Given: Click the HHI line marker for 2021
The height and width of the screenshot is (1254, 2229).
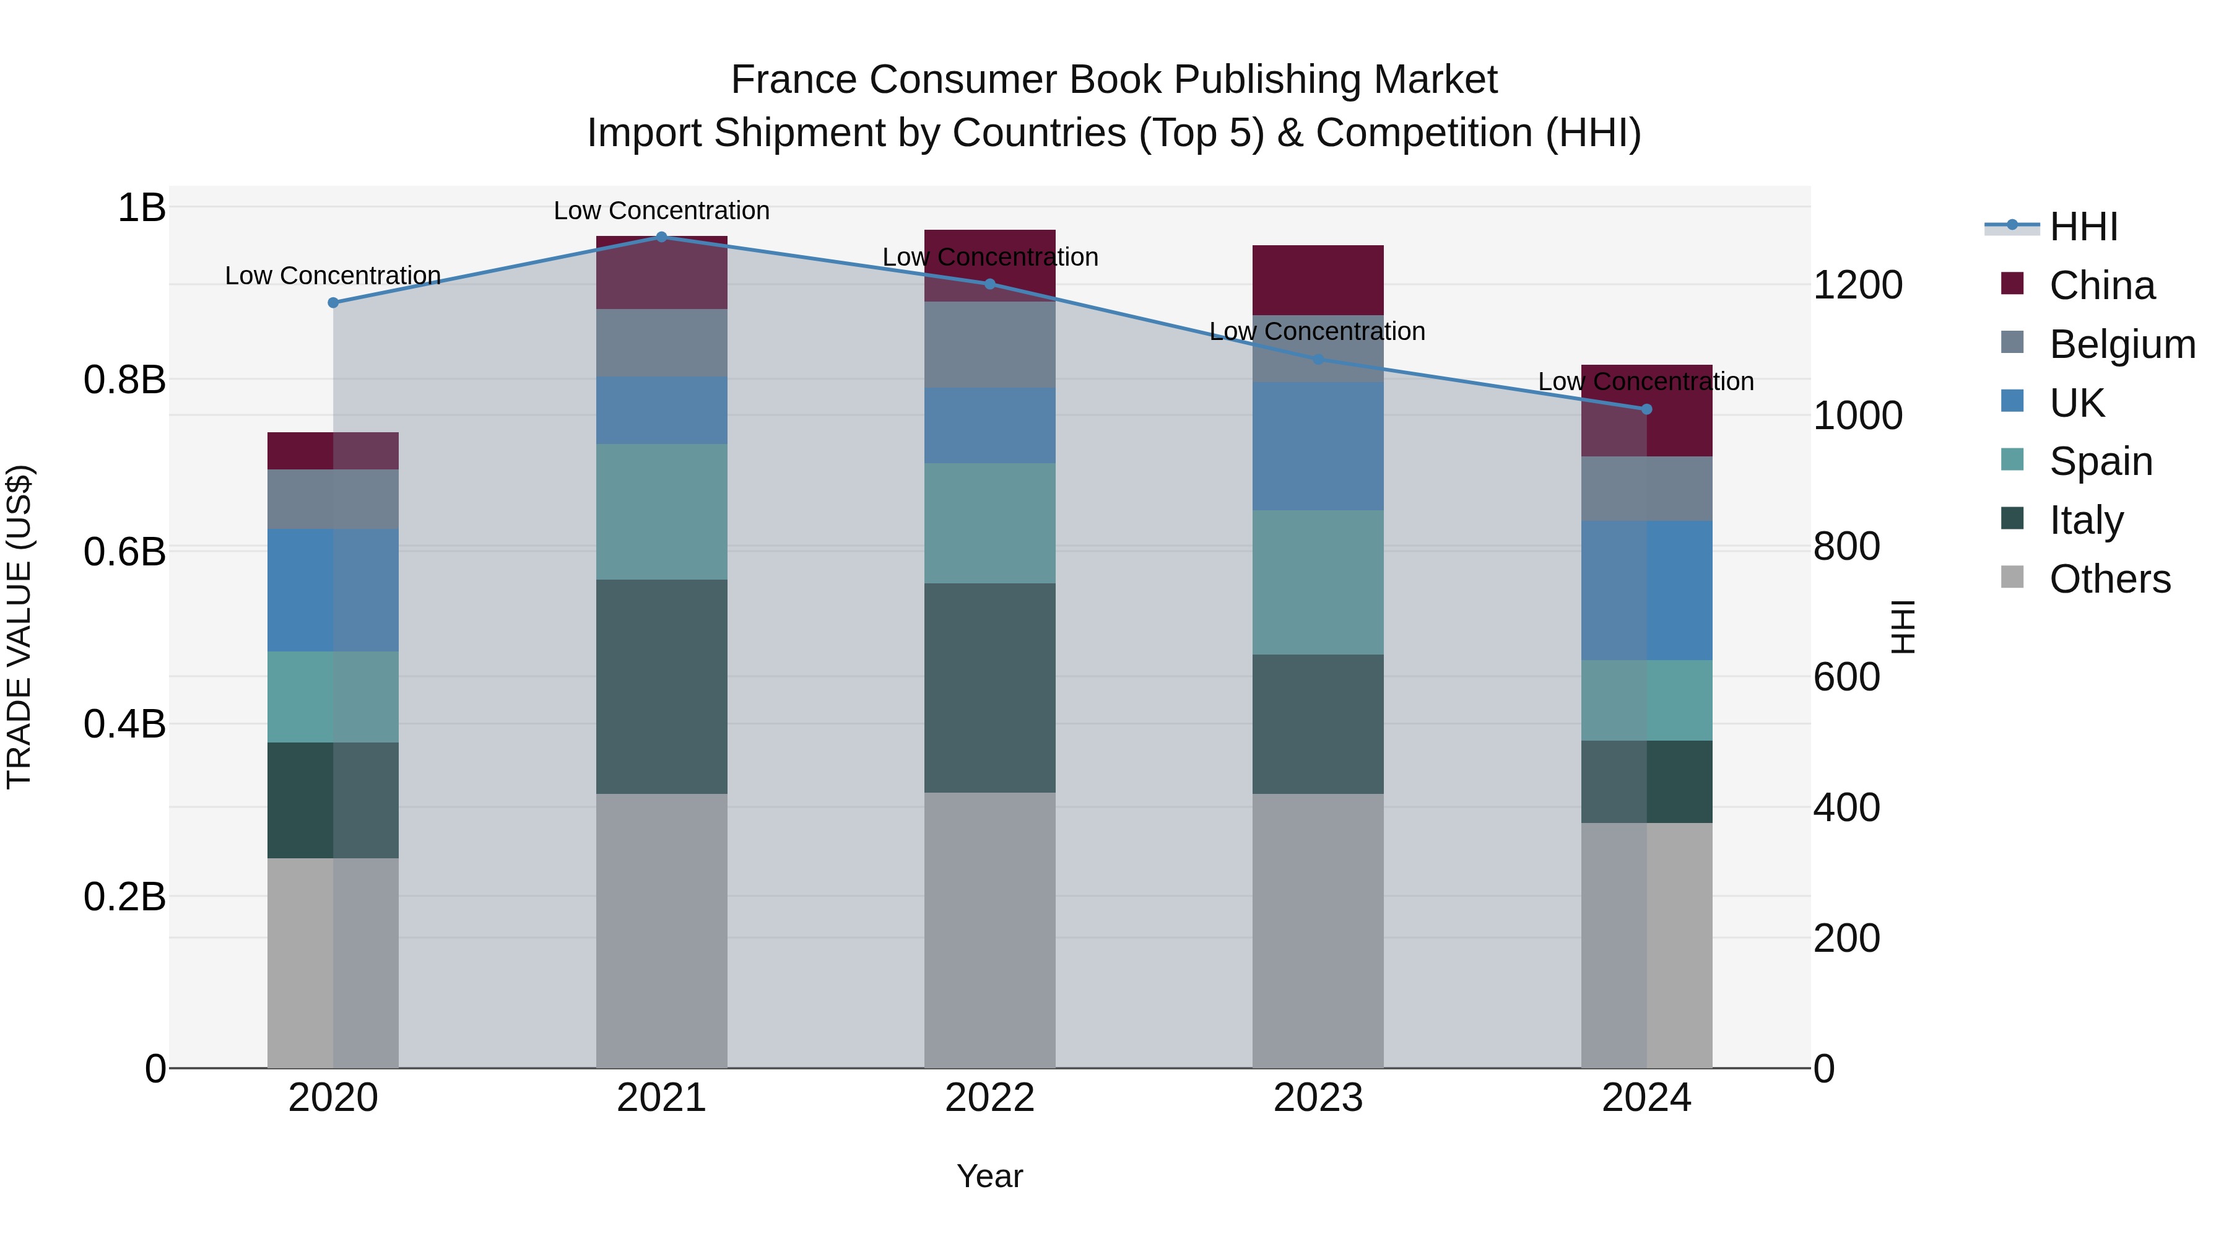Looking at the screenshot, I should pyautogui.click(x=661, y=237).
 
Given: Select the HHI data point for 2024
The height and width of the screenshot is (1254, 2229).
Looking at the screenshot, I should pyautogui.click(x=1646, y=409).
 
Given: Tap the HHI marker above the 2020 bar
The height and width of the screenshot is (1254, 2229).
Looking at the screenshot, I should pyautogui.click(x=333, y=302).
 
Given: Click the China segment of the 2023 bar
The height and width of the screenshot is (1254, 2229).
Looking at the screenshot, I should pyautogui.click(x=1317, y=279).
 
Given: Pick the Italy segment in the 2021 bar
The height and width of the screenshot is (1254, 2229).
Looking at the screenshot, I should pyautogui.click(x=661, y=686).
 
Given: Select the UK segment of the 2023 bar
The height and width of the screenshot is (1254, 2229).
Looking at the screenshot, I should pyautogui.click(x=1317, y=446).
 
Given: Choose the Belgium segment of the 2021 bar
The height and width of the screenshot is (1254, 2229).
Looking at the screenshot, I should pyautogui.click(x=661, y=342).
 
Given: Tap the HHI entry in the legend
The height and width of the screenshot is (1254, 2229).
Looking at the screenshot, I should pyautogui.click(x=2083, y=227).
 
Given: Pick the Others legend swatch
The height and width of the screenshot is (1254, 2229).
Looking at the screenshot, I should pyautogui.click(x=2013, y=577).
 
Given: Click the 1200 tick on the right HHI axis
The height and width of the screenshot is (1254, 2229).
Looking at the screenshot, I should pyautogui.click(x=1857, y=285).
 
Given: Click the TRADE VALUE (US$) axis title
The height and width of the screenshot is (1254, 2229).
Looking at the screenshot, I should pyautogui.click(x=19, y=627).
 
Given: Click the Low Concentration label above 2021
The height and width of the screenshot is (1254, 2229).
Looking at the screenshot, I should pyautogui.click(x=661, y=211).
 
